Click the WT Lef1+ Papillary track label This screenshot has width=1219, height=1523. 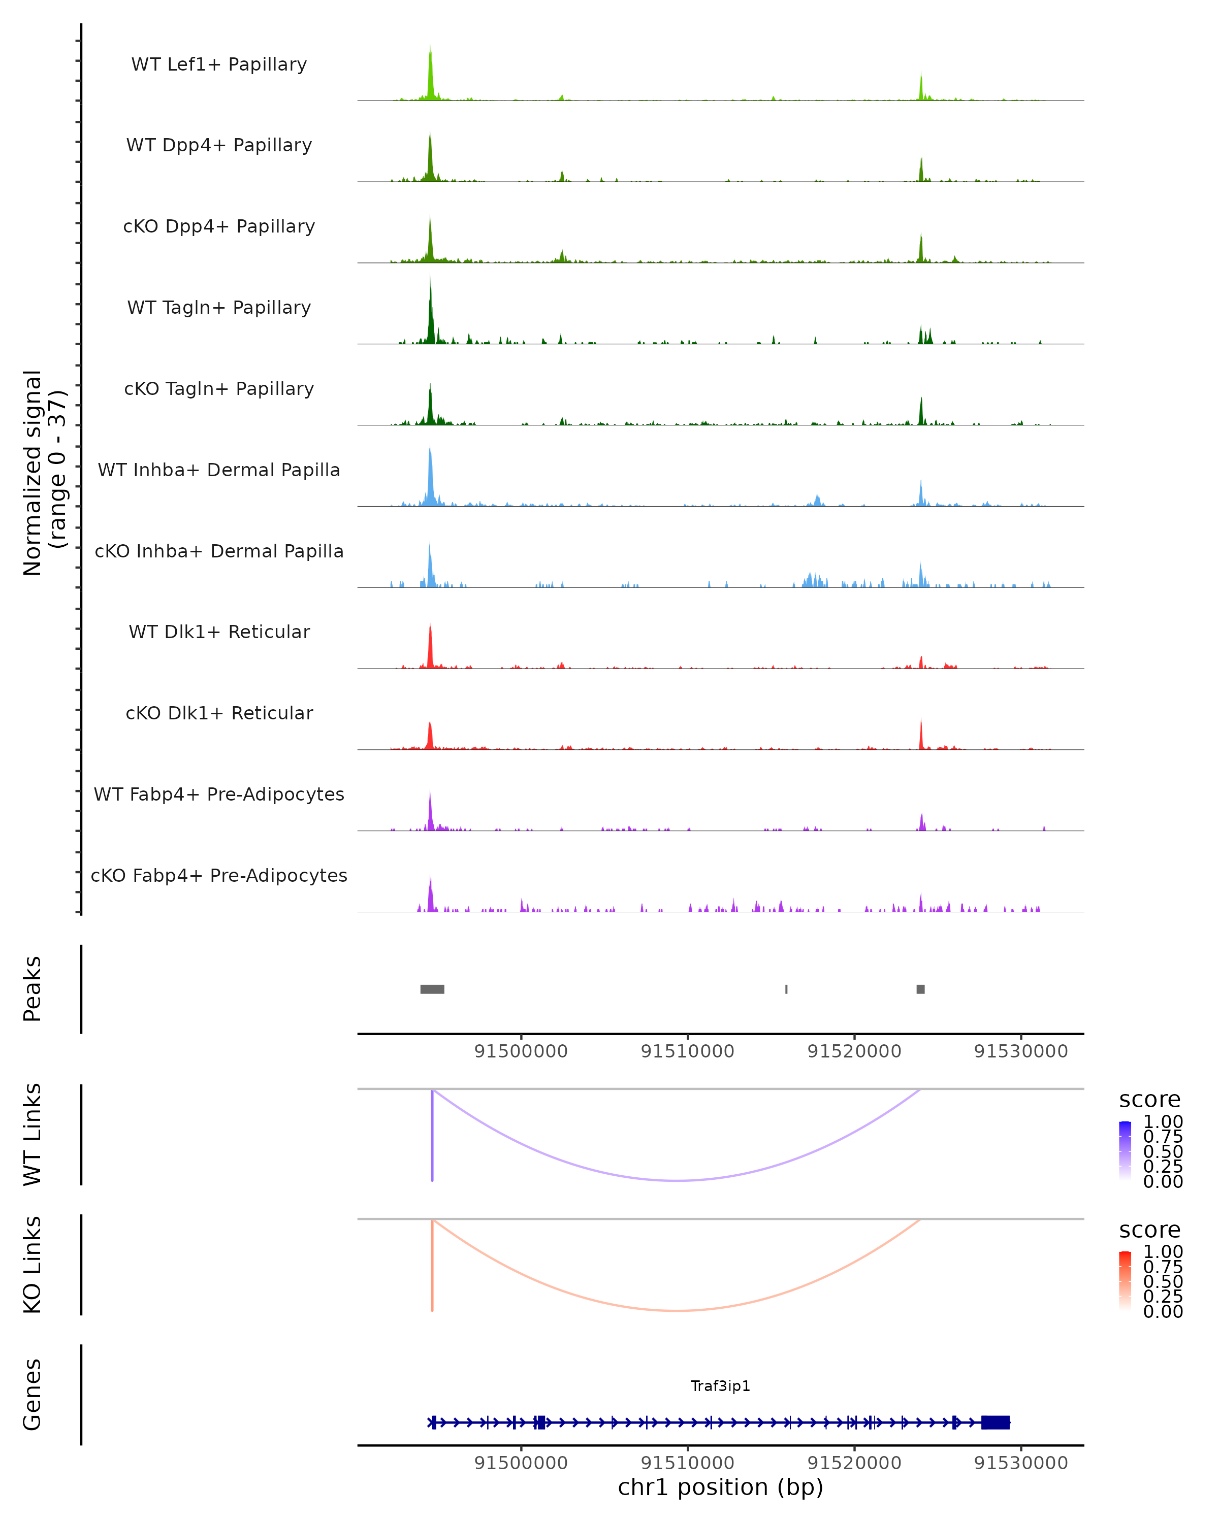click(x=219, y=64)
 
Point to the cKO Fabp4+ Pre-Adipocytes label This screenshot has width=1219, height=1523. click(x=219, y=875)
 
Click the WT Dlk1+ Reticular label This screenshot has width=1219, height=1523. click(x=219, y=632)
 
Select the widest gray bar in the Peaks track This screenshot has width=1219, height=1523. click(x=432, y=989)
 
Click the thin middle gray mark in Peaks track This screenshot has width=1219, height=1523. click(x=787, y=989)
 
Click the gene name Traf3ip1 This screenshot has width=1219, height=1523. click(x=720, y=1386)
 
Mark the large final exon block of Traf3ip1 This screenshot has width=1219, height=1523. click(x=995, y=1422)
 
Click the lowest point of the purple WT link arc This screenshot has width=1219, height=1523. click(x=677, y=1180)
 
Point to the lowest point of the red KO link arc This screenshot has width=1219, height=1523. click(x=677, y=1310)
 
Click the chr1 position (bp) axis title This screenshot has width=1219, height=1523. click(x=720, y=1487)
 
